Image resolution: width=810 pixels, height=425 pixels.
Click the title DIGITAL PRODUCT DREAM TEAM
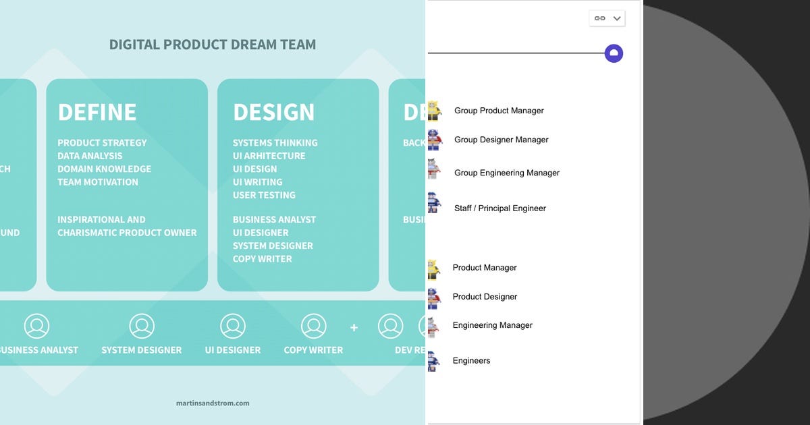213,45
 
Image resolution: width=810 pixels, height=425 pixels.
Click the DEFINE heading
97,112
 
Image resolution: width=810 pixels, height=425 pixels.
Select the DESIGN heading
273,112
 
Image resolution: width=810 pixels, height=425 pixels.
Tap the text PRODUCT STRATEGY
102,143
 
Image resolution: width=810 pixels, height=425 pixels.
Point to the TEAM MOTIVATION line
98,182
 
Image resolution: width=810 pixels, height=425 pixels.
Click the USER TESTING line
264,195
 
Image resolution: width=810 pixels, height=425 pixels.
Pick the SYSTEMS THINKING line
275,143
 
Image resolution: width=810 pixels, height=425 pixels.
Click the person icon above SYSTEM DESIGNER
142,327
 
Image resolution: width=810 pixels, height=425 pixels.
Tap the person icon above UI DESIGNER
233,327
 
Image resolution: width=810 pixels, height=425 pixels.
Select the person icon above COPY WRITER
313,327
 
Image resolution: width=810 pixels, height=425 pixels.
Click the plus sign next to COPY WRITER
354,328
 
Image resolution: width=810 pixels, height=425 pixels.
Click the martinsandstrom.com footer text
213,403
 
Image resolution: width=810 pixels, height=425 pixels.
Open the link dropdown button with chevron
607,19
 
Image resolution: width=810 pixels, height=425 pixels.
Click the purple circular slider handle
614,54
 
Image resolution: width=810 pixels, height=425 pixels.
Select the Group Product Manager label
499,111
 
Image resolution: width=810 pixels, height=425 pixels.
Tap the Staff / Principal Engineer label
500,208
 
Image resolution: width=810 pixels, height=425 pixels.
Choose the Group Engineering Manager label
507,173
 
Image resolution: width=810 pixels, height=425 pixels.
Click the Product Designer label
485,297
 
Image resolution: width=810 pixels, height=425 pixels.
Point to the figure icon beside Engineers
433,361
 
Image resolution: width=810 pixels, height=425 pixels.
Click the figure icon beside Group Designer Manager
434,140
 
